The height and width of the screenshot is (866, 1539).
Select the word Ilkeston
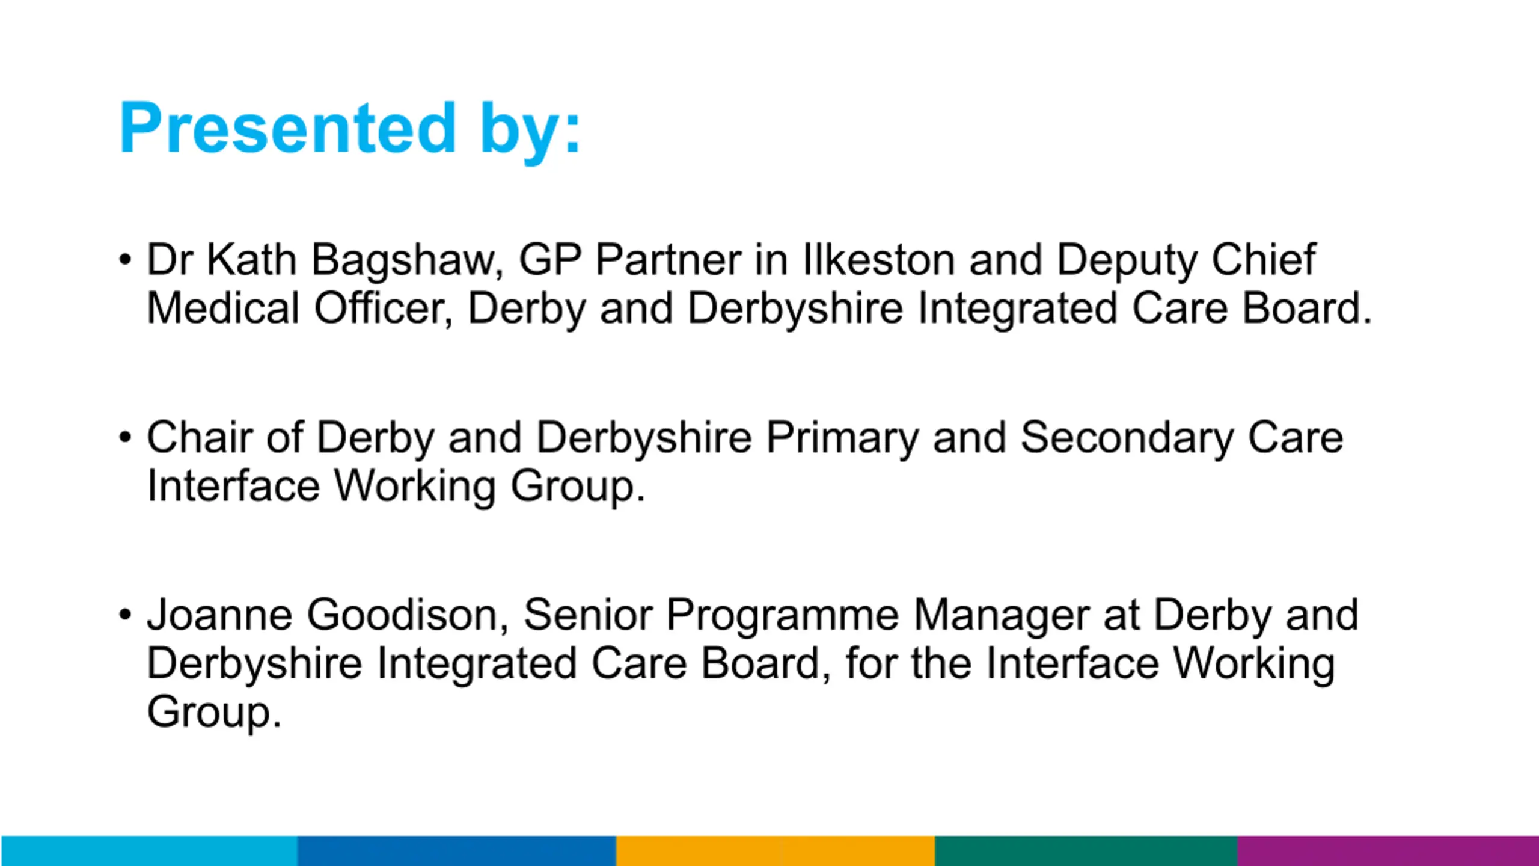879,260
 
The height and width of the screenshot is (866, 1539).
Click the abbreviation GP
550,260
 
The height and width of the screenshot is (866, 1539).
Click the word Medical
223,308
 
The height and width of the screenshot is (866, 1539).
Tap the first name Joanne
219,615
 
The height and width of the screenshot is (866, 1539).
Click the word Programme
782,616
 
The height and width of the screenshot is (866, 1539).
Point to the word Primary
842,439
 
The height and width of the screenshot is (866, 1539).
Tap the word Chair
200,437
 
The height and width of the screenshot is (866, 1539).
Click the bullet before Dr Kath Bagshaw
125,260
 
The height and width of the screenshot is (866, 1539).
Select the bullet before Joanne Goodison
125,615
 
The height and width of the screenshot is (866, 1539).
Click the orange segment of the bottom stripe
776,851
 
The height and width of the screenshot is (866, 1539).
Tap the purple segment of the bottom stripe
1388,851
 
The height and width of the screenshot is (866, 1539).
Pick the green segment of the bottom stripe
1086,851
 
